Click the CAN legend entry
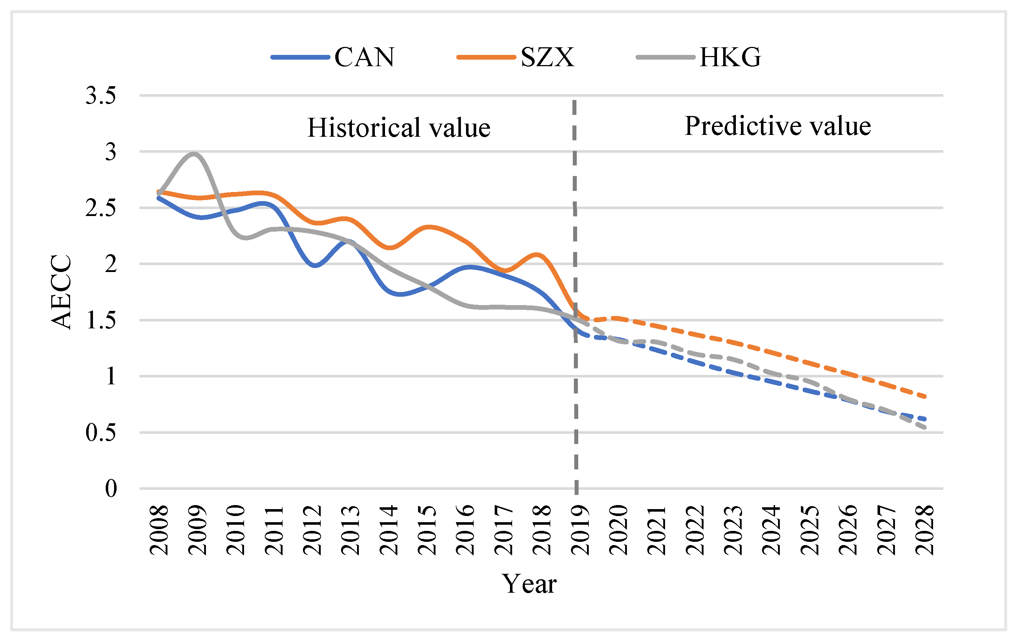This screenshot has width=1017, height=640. (333, 57)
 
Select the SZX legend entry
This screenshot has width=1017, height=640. (515, 57)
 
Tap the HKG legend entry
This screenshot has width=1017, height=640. (698, 57)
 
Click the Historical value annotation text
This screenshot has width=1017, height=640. (399, 127)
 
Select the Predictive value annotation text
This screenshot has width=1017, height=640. (778, 125)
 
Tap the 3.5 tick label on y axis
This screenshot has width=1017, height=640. (101, 95)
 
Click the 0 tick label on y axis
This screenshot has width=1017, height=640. (111, 489)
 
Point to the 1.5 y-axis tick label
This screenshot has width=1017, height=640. (101, 320)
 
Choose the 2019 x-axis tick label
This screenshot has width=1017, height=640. (580, 530)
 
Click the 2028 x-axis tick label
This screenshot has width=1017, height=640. (924, 530)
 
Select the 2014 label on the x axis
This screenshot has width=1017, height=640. (389, 530)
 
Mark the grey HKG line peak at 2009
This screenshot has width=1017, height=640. (194, 154)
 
